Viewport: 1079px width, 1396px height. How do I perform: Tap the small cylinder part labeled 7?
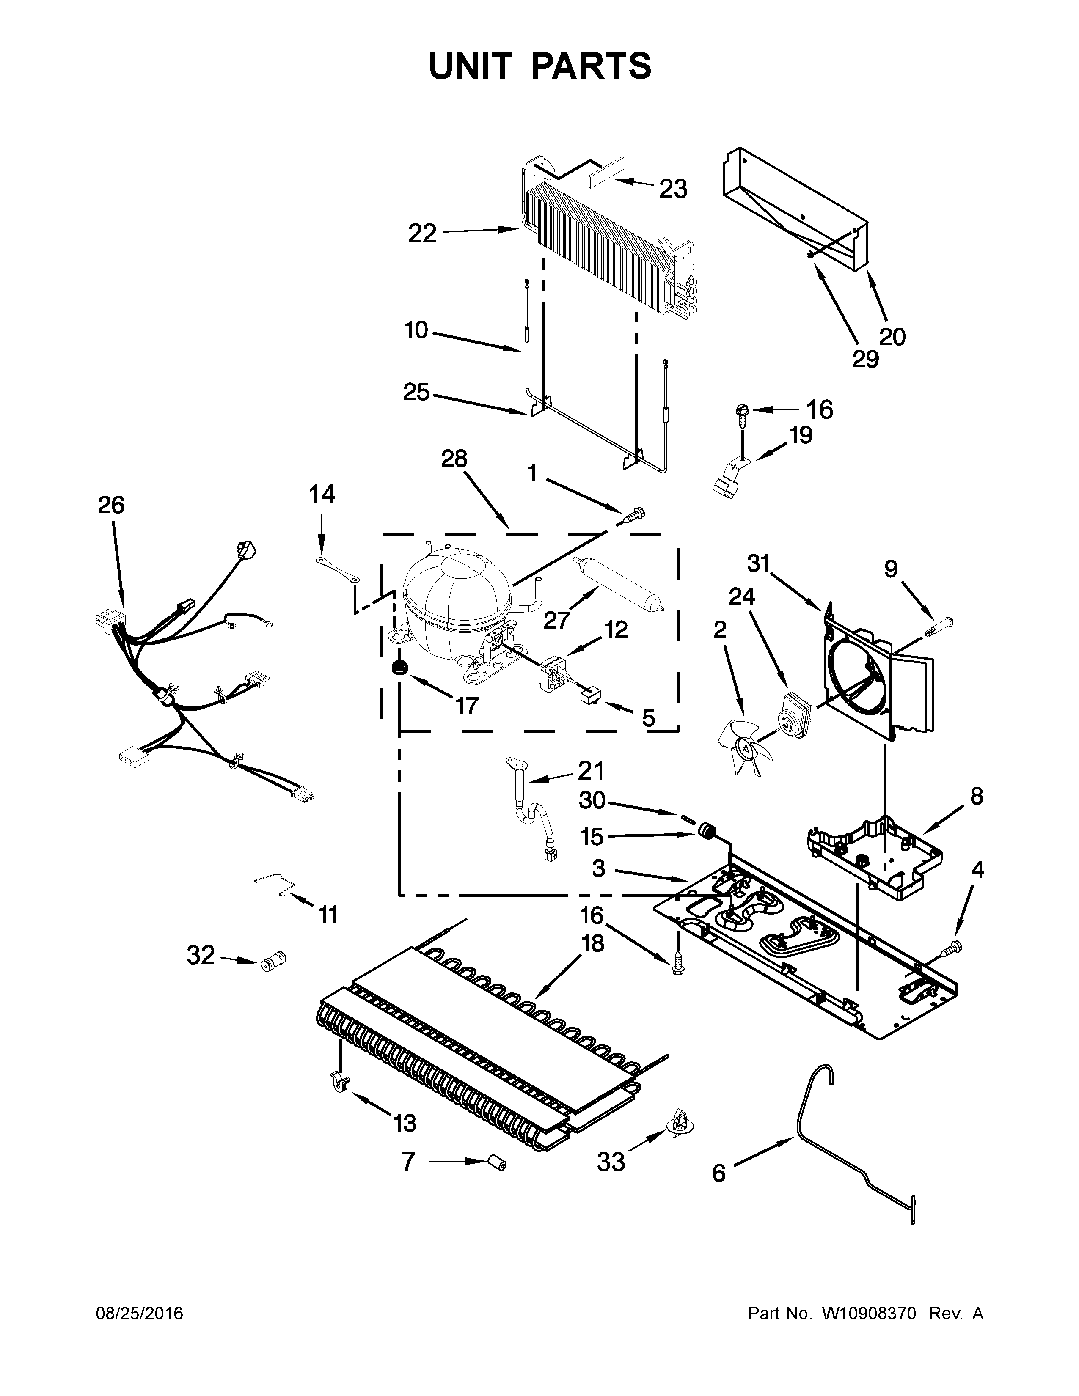(496, 1162)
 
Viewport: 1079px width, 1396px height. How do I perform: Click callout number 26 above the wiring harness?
(111, 505)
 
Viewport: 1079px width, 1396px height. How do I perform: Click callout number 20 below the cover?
(892, 337)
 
